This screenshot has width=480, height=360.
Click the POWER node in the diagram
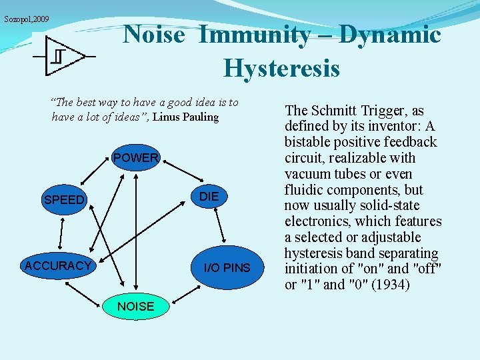136,158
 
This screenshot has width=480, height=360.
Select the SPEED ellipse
64,199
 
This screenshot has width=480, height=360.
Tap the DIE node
209,196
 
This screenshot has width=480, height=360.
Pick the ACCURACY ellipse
57,266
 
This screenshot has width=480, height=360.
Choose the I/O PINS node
227,268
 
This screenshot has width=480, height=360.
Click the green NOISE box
135,307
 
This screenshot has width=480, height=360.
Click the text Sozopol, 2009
27,19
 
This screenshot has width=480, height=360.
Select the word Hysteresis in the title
281,68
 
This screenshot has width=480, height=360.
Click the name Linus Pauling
186,117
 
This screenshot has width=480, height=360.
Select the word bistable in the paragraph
310,142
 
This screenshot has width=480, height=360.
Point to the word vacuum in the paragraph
307,174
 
